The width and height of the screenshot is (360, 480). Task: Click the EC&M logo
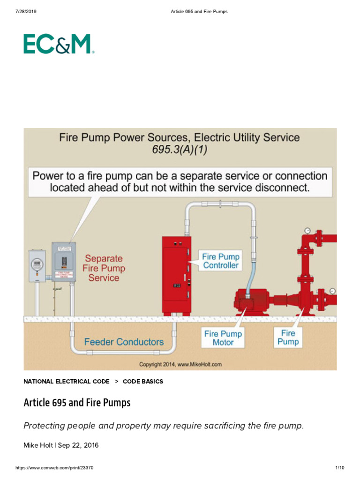pos(59,44)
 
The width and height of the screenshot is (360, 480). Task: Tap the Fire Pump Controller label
pos(221,261)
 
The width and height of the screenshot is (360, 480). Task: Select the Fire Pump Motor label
pos(223,338)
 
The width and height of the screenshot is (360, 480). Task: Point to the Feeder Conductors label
pos(124,342)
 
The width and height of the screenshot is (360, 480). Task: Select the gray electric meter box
pos(37,265)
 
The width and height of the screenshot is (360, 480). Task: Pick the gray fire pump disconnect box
pos(64,262)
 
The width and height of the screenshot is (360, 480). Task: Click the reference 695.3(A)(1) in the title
pos(180,150)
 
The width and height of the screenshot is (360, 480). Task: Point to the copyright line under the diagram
pos(180,364)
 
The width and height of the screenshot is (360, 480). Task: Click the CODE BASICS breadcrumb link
pos(143,382)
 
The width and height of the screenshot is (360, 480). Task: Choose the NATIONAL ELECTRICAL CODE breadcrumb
pos(67,382)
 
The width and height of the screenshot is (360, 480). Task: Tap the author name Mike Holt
pos(38,445)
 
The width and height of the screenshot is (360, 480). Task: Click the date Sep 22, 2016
pos(78,445)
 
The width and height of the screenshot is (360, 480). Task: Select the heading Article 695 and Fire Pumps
pos(77,403)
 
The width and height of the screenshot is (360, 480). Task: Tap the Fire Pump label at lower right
pos(288,337)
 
